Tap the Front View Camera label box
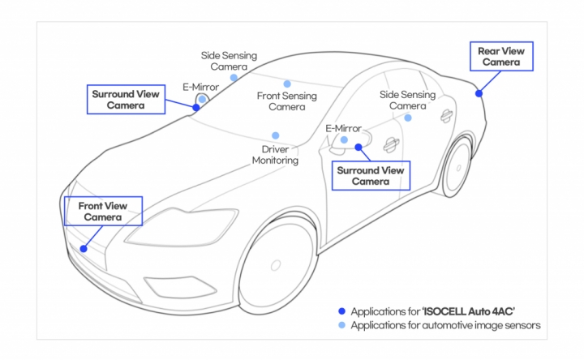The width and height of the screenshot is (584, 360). click(102, 211)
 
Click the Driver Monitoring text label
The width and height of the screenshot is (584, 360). click(275, 155)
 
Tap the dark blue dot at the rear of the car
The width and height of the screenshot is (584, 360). click(479, 94)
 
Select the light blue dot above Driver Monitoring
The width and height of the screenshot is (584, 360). click(276, 135)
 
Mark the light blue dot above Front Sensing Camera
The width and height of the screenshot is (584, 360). click(286, 84)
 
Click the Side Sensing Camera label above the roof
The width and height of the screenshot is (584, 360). click(229, 61)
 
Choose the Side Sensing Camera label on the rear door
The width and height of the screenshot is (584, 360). click(406, 101)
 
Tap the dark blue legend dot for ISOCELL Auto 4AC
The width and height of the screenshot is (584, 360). click(342, 311)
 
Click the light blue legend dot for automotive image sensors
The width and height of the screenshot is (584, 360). click(342, 325)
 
